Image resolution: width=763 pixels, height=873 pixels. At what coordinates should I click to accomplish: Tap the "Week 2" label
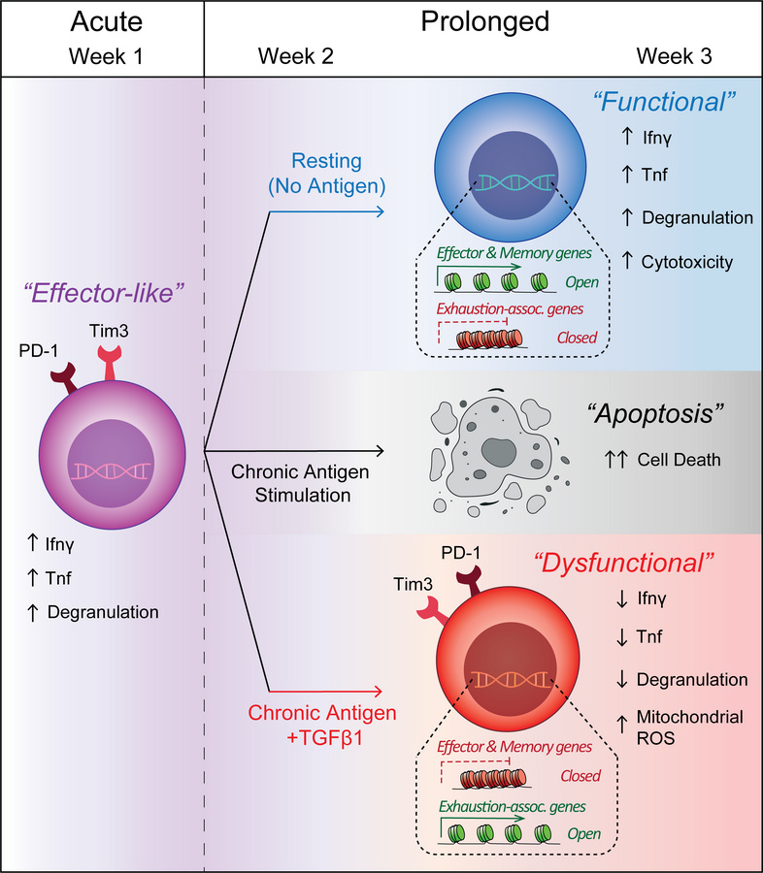click(x=295, y=57)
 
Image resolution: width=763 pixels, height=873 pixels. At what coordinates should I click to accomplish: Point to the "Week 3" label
click(x=674, y=57)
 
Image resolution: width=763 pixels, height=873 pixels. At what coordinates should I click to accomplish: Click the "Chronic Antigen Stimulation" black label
click(x=292, y=483)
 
